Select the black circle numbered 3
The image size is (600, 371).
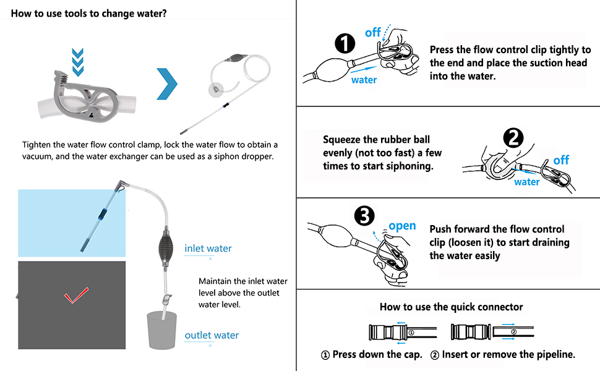pos(365,216)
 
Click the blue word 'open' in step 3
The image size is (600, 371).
pos(402,226)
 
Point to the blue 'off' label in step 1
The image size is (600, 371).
pos(372,32)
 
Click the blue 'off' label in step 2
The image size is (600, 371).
pos(560,160)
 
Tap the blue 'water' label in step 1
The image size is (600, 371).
pos(364,80)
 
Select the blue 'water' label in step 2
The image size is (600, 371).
pos(526,182)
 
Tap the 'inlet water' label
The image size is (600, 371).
pos(208,249)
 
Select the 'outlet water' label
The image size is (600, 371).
pos(212,335)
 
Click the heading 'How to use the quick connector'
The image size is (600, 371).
pos(451,307)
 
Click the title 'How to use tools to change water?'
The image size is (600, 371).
pos(88,13)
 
